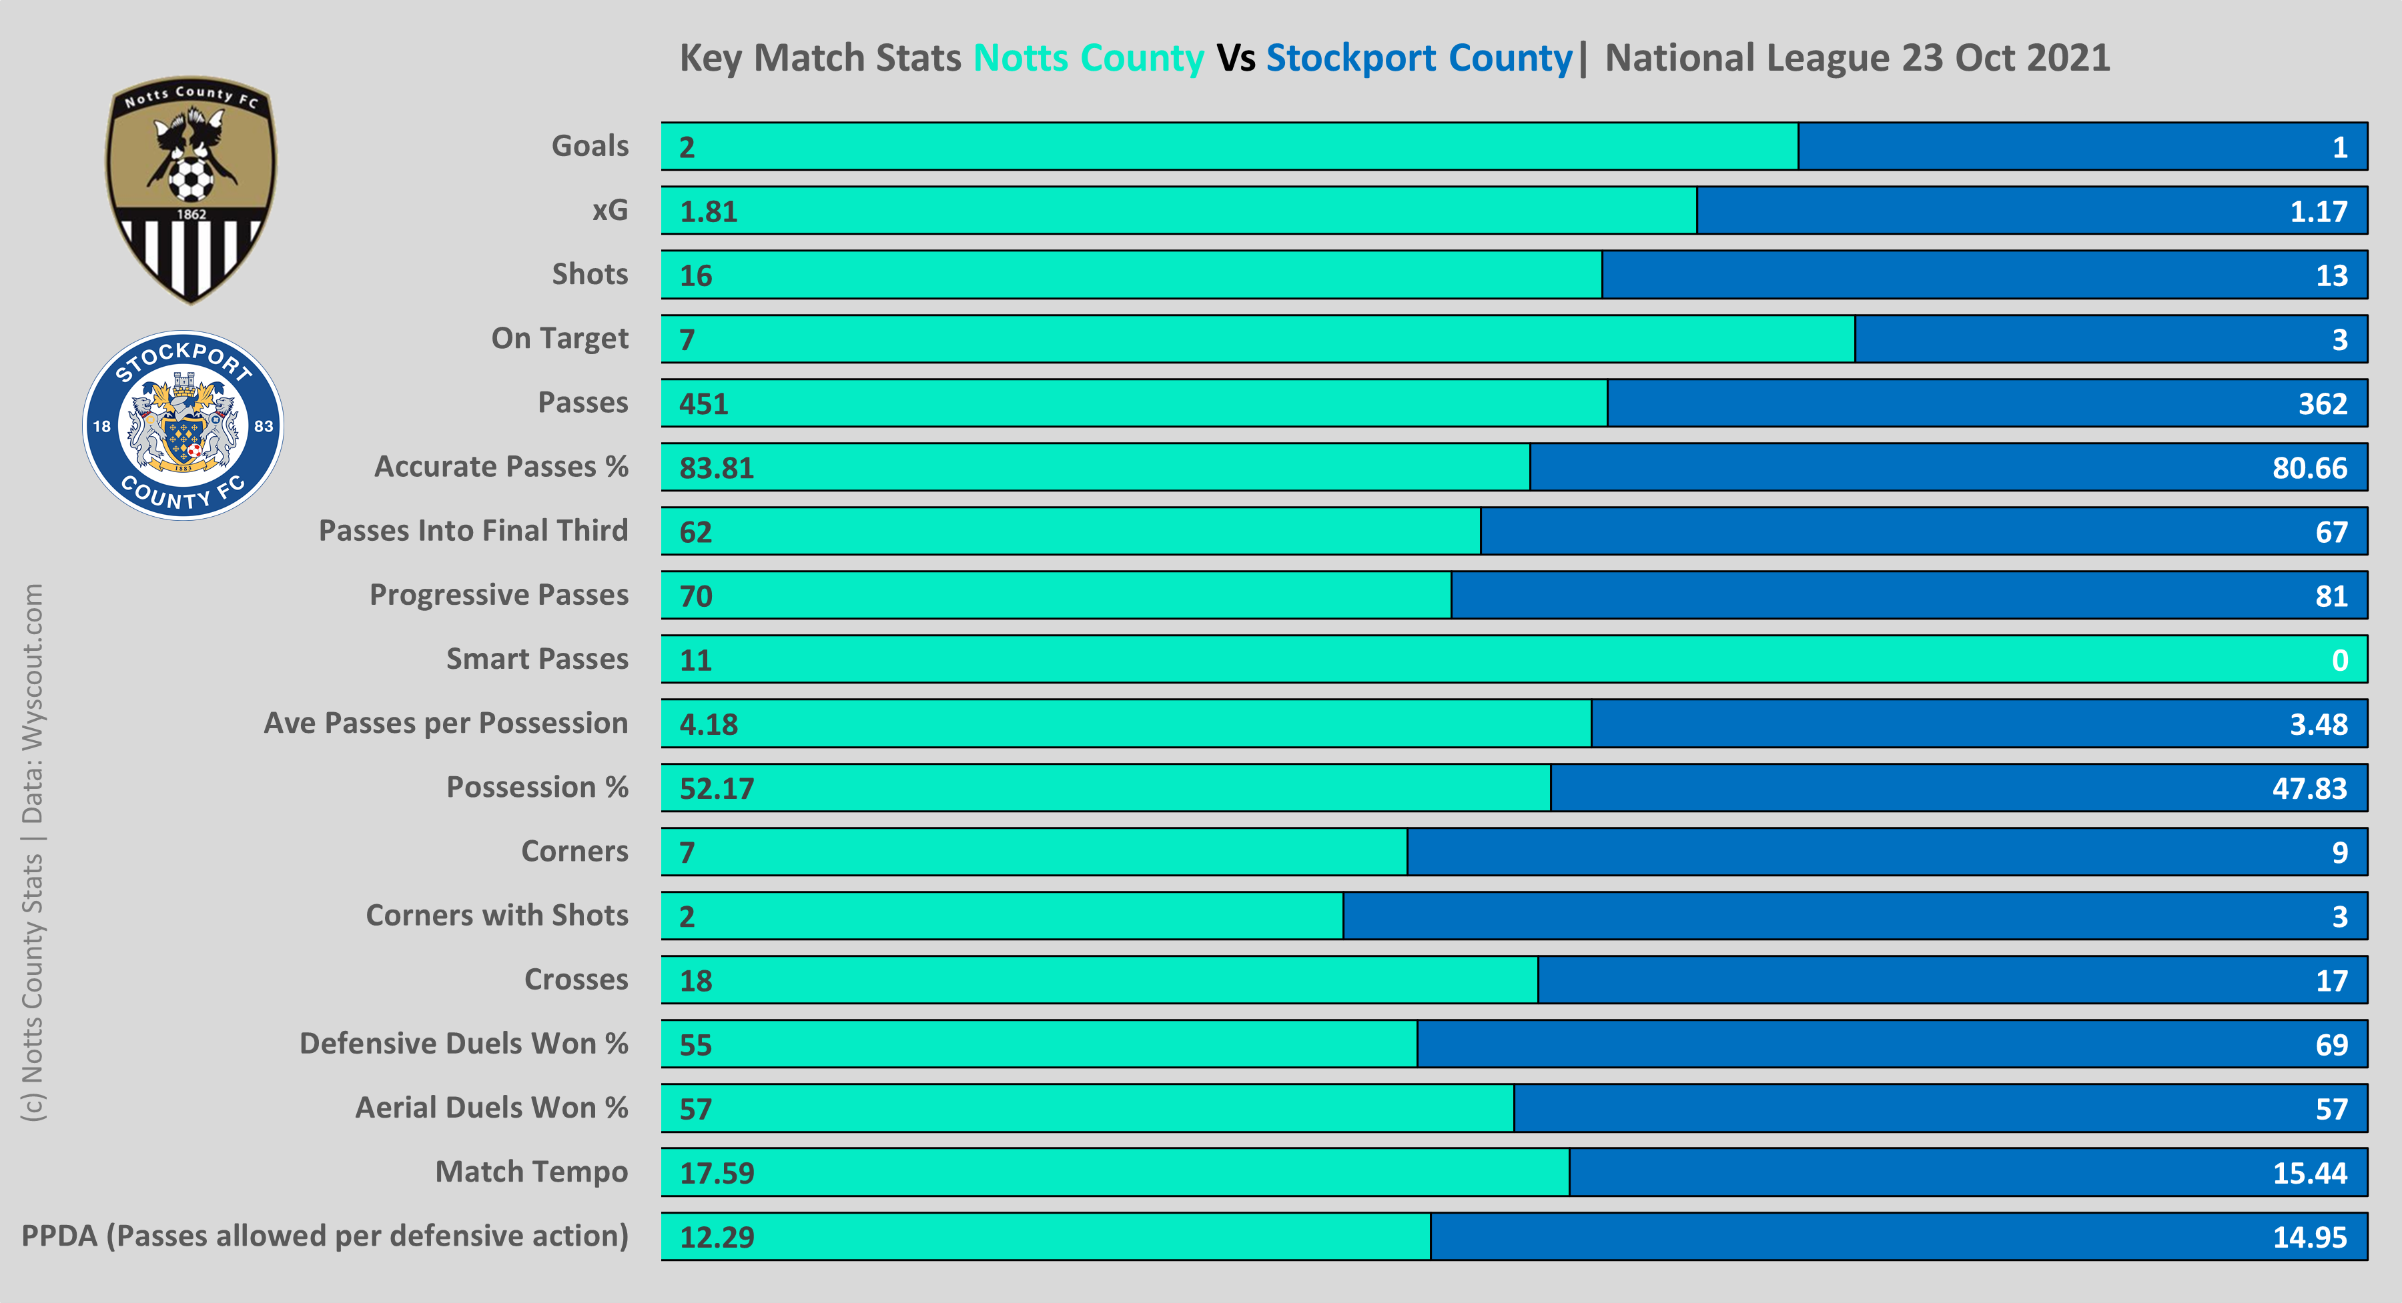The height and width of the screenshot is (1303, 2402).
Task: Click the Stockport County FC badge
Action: pyautogui.click(x=183, y=426)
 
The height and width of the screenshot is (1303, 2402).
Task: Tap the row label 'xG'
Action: pyautogui.click(x=610, y=211)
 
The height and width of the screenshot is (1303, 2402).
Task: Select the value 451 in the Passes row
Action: pyautogui.click(x=703, y=403)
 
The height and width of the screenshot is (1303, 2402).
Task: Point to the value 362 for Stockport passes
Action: pyautogui.click(x=2322, y=403)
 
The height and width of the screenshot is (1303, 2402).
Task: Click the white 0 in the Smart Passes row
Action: pyautogui.click(x=2339, y=660)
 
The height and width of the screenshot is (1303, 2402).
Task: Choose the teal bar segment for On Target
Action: pyautogui.click(x=1259, y=339)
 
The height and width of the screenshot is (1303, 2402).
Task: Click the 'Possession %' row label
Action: pyautogui.click(x=537, y=788)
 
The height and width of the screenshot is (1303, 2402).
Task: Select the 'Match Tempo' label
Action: pyautogui.click(x=532, y=1172)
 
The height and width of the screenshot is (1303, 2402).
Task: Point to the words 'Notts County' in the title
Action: pyautogui.click(x=1088, y=58)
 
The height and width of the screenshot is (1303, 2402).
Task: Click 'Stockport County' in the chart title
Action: pyautogui.click(x=1419, y=58)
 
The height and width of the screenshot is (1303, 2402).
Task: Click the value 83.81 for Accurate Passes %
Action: pyautogui.click(x=716, y=468)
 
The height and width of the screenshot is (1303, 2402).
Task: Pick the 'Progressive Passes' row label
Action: pyautogui.click(x=499, y=595)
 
